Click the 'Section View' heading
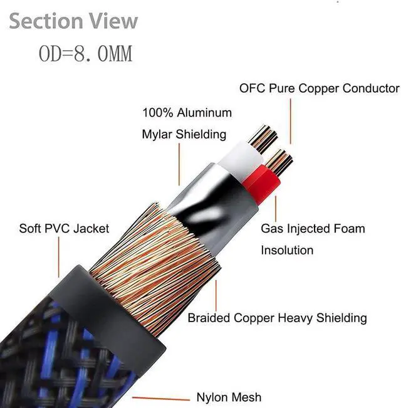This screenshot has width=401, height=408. pyautogui.click(x=73, y=21)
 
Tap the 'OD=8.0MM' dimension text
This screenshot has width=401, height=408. pyautogui.click(x=86, y=54)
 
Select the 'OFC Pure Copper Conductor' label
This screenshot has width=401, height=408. pyautogui.click(x=319, y=88)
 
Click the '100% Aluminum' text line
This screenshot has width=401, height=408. pyautogui.click(x=187, y=113)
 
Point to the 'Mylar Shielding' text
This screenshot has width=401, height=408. pyautogui.click(x=184, y=135)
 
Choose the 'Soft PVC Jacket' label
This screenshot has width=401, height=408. pyautogui.click(x=64, y=229)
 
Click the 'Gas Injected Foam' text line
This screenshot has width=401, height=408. pyautogui.click(x=313, y=229)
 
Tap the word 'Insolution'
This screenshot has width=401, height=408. pyautogui.click(x=287, y=250)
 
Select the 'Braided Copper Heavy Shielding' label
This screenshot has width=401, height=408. pyautogui.click(x=277, y=318)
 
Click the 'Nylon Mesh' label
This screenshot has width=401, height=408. pyautogui.click(x=229, y=397)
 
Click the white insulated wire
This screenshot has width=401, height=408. pyautogui.click(x=239, y=159)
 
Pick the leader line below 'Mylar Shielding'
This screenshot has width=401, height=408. pyautogui.click(x=179, y=164)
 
